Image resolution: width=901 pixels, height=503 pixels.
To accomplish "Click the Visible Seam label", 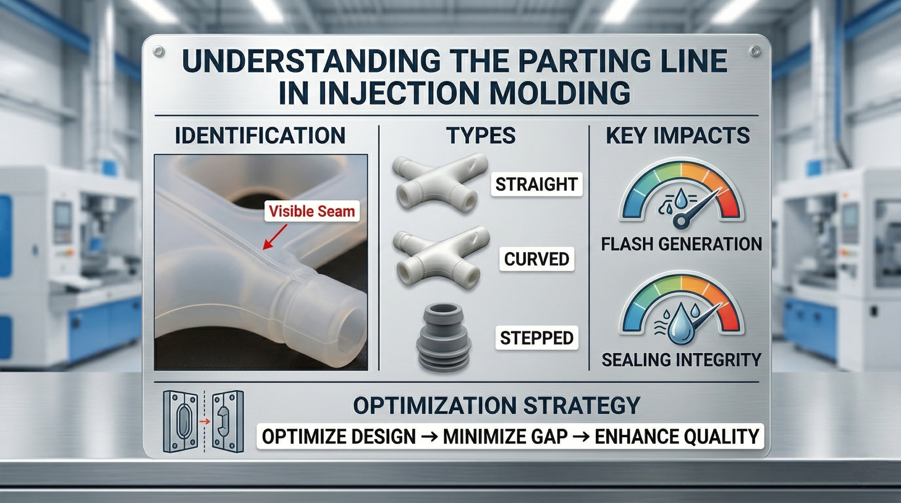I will tap(312, 211).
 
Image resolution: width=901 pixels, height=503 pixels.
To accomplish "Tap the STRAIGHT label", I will tap(536, 184).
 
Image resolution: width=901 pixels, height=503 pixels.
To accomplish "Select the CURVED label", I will tap(536, 259).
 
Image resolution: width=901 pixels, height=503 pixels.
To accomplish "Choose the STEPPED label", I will tap(536, 338).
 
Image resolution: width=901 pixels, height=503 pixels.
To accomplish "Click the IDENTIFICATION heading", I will tap(260, 136).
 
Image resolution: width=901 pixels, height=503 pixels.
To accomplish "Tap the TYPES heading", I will tap(481, 136).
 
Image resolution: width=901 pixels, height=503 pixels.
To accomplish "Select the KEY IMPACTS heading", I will tap(678, 136).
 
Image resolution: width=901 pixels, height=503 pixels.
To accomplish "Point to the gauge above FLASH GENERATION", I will tap(681, 197).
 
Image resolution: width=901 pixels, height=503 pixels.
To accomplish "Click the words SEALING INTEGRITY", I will tap(681, 360).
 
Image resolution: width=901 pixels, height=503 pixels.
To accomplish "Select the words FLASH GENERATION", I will tap(681, 244).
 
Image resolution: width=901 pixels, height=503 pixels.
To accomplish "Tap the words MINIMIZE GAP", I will tap(505, 437).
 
